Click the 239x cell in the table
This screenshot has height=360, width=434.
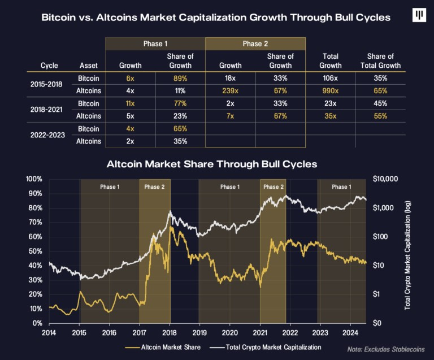click(x=230, y=91)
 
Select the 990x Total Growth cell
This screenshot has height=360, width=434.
click(x=330, y=91)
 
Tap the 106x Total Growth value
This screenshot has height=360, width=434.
click(x=330, y=79)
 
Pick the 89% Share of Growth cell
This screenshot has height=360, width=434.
click(x=181, y=79)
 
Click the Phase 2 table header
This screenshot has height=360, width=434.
click(x=255, y=44)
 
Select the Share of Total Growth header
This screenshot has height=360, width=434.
click(x=380, y=60)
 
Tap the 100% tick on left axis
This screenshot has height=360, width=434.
click(x=34, y=179)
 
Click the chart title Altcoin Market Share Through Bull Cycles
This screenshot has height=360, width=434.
click(x=212, y=164)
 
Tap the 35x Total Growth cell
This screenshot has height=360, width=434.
click(x=330, y=116)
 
